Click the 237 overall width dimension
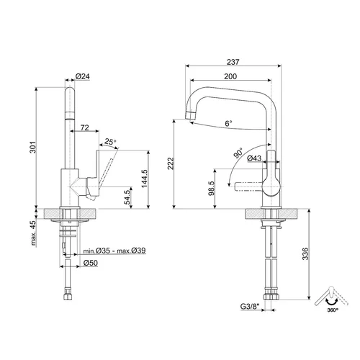tap(233, 62)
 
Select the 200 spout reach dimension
tap(230, 76)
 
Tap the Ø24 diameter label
tap(83, 76)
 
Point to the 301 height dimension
tap(32, 147)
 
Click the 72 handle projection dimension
tap(84, 127)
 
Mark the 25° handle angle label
tap(110, 142)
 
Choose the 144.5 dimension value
tap(145, 179)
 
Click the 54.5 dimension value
tap(128, 196)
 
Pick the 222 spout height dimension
tap(171, 163)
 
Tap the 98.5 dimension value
tap(212, 189)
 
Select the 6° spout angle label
tap(228, 123)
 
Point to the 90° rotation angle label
tap(238, 153)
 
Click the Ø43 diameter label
tap(254, 158)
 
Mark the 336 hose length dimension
tap(305, 253)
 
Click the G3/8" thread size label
tap(250, 307)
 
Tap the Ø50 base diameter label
tap(91, 263)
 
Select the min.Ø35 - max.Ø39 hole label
tap(114, 251)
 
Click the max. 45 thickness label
tap(33, 233)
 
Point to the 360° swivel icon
tap(331, 299)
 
